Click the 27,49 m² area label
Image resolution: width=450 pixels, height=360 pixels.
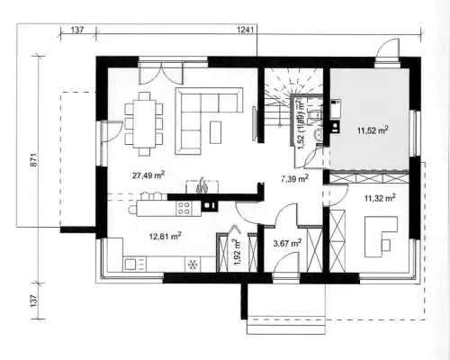coord(148,175)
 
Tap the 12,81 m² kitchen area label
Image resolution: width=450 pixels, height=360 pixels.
coord(165,236)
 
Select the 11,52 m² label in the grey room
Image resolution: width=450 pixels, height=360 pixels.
coord(373,130)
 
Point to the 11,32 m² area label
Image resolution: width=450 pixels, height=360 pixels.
coord(380,198)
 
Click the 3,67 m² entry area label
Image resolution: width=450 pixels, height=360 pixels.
coord(287,243)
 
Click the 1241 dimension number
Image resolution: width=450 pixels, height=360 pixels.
coord(246,30)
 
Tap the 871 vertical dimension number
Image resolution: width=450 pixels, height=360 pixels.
coord(34,160)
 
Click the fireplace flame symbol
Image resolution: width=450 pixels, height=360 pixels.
coord(201,185)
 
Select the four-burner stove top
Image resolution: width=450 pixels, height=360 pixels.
coord(184,208)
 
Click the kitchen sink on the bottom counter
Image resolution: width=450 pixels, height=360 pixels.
coord(130,265)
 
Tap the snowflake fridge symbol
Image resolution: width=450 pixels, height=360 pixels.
coord(192,265)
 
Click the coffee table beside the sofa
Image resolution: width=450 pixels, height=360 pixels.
coord(216,132)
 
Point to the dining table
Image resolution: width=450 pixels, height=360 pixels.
coord(144,123)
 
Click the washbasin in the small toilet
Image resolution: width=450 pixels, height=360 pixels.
coord(317,135)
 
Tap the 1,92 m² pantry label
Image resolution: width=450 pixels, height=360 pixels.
coord(238,253)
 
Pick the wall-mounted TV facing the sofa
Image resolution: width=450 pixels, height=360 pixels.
coord(255,123)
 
